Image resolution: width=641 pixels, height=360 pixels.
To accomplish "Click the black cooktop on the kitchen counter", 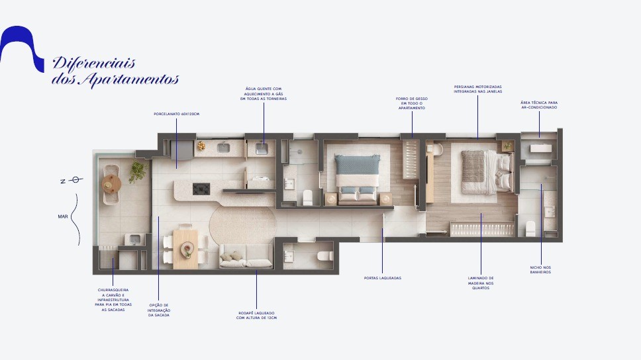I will click(x=201, y=189).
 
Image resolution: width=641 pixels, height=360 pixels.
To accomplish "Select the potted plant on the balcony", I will click(x=138, y=171).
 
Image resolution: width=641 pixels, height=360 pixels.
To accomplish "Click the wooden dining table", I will click(x=185, y=249).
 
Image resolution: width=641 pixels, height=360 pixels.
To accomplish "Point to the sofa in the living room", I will click(x=245, y=259).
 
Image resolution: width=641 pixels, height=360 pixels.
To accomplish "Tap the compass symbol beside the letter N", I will click(x=75, y=179).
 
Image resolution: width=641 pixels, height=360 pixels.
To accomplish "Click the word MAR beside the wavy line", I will click(x=63, y=216).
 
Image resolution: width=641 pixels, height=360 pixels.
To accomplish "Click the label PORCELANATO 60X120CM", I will click(x=176, y=114).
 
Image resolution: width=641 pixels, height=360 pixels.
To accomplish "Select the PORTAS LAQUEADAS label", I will click(x=383, y=278).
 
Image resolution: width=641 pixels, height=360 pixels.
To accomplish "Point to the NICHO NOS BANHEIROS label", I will click(x=540, y=270).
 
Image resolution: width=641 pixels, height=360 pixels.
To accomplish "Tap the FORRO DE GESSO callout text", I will click(x=412, y=103).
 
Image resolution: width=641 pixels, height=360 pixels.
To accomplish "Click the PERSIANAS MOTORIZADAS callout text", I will click(x=477, y=89).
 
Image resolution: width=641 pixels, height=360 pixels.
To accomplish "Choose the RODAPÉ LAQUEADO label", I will click(x=256, y=315).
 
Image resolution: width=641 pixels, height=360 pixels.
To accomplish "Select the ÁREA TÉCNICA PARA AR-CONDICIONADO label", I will click(x=539, y=105).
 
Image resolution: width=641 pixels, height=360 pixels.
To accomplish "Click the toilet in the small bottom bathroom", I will click(x=324, y=255).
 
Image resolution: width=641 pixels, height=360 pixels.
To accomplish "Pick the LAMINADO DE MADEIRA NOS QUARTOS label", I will click(x=481, y=283).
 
